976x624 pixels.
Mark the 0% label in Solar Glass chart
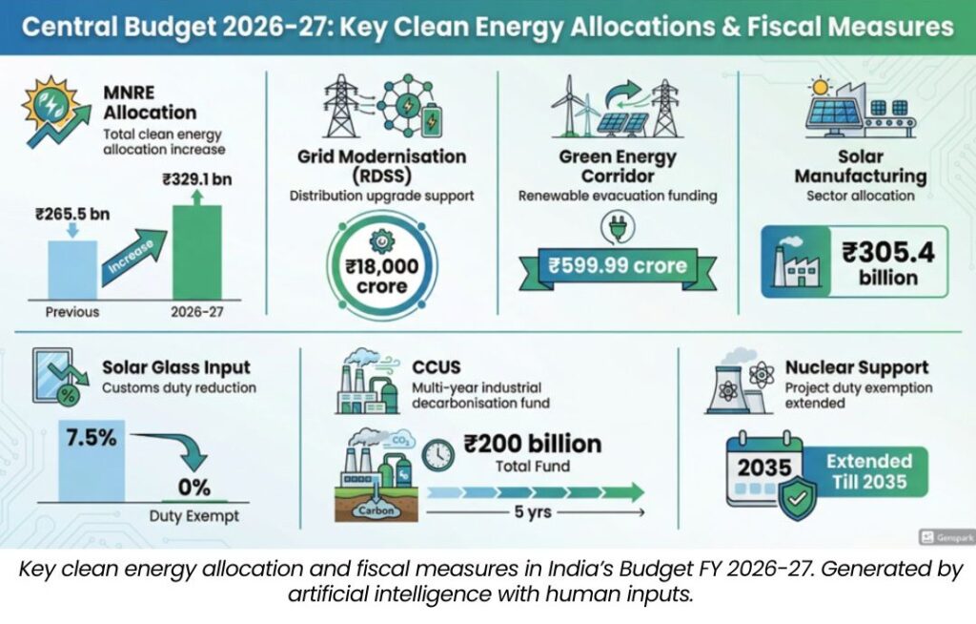(193, 488)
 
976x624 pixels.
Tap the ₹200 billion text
(532, 444)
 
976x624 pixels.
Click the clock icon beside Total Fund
(437, 454)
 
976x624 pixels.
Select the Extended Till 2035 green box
(868, 471)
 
